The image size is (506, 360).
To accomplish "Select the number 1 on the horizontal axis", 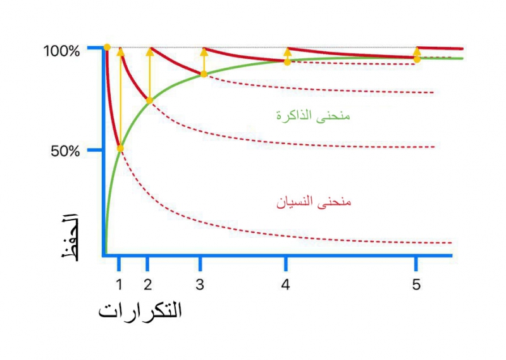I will pos(119,285).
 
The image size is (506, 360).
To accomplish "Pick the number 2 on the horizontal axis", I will pos(147,285).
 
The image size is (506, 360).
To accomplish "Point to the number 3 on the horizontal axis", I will pos(200,285).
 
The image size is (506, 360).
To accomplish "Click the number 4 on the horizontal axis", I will pos(286,285).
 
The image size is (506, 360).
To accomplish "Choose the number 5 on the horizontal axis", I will pos(416,285).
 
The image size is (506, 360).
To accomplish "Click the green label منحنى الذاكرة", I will pos(313,116).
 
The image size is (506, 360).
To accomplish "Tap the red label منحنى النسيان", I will pos(313,202).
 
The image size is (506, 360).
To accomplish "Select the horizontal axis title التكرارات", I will pos(140,311).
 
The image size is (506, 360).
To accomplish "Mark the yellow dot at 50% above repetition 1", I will pos(120,149).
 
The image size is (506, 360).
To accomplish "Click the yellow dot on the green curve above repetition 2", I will pos(149,101).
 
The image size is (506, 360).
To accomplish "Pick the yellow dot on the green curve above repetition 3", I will pos(204,74).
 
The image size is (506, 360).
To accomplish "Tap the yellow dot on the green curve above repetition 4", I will pos(287,62).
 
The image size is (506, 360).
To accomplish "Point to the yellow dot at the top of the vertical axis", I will pos(107,47).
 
